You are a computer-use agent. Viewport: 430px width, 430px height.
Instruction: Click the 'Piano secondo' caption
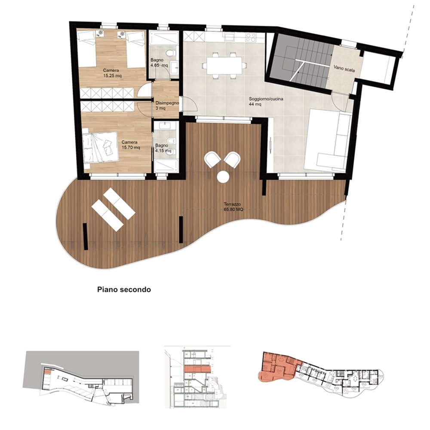(124, 289)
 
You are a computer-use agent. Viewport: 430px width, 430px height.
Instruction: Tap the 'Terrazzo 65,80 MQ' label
(233, 207)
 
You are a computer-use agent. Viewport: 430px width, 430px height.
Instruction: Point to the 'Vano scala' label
(344, 68)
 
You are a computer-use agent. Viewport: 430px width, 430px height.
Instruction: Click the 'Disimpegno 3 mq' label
(167, 106)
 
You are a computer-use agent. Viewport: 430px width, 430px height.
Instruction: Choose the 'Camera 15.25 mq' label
(112, 73)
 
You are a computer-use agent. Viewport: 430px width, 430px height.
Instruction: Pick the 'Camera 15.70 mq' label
(131, 145)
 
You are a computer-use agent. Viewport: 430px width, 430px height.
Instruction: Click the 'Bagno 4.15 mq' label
(163, 148)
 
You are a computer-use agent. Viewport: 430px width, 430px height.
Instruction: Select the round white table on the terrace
(223, 177)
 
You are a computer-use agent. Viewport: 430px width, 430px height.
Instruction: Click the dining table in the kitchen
(224, 65)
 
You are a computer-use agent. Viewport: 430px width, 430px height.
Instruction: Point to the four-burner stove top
(251, 37)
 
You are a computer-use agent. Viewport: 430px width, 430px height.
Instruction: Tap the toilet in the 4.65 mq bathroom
(171, 53)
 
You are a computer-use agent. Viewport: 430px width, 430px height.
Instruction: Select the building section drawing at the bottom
(197, 377)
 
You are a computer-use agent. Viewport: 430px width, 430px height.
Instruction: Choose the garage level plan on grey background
(81, 378)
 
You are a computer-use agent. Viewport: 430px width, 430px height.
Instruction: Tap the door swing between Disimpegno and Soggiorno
(190, 105)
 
